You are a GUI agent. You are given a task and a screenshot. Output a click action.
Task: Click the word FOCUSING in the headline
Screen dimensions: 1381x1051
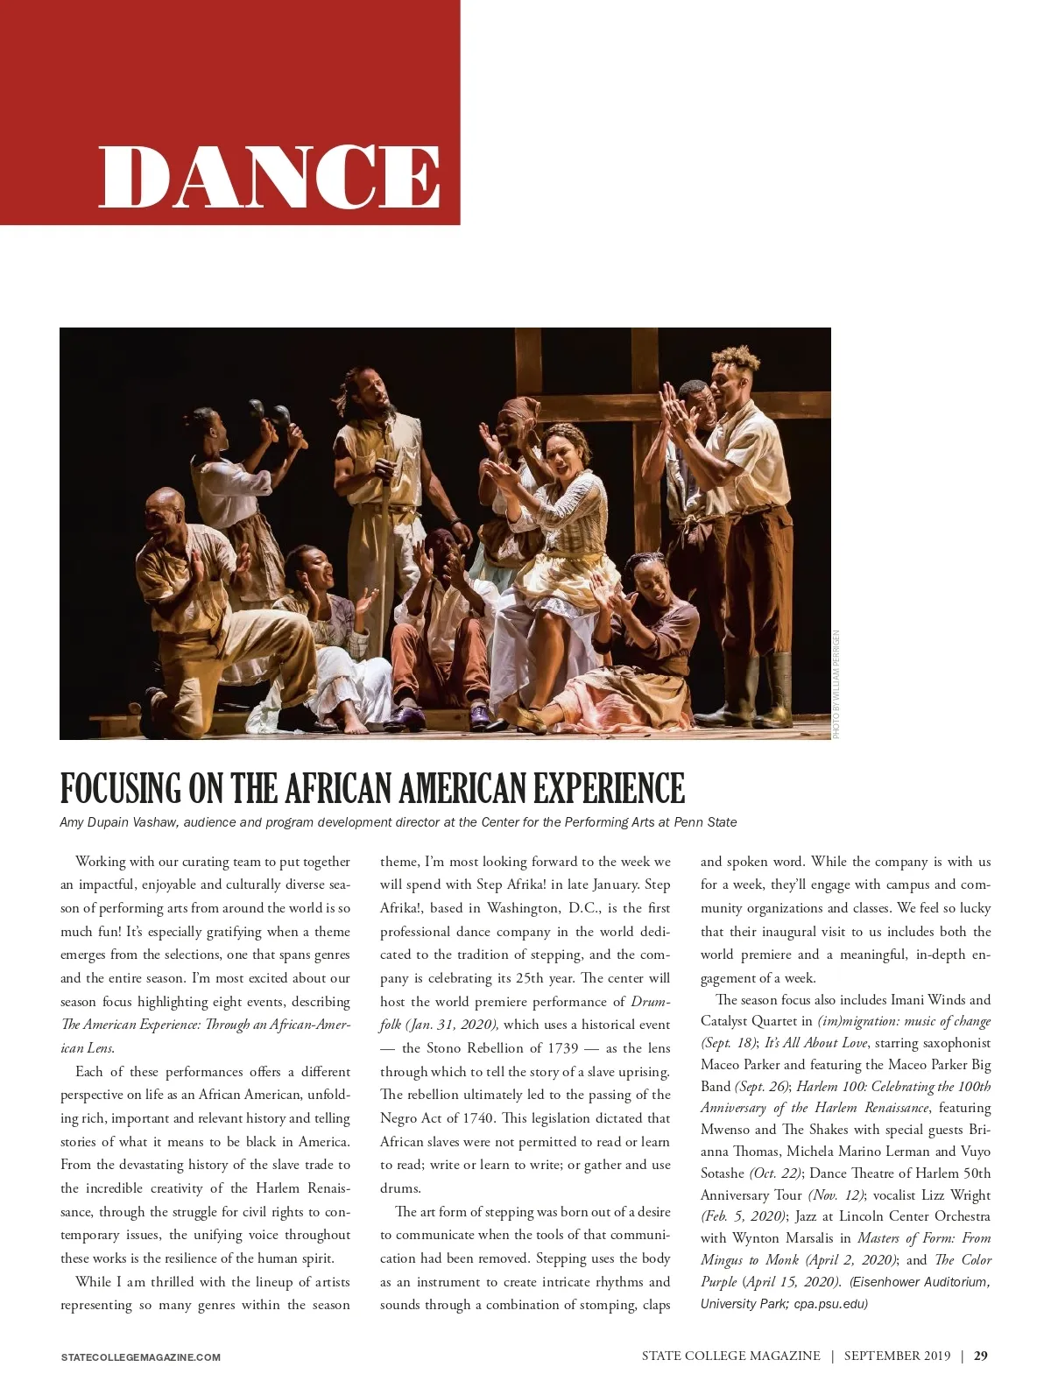point(121,788)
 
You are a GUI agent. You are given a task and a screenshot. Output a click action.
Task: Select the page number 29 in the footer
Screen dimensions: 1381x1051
point(981,1356)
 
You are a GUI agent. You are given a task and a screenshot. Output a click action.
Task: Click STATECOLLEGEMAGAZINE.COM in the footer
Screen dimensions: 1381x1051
point(140,1357)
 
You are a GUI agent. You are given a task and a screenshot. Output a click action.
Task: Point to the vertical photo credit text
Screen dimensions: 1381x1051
point(836,685)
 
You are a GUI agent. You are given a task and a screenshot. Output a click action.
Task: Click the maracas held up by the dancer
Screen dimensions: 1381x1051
point(271,411)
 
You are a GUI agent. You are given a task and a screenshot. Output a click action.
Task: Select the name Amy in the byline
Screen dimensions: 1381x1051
point(72,822)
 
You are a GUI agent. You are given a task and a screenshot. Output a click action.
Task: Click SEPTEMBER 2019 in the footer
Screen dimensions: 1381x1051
point(897,1356)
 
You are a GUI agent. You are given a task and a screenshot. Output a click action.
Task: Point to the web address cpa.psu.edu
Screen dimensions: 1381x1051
point(830,1304)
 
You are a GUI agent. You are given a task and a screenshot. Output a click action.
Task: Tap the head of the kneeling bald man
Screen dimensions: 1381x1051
point(166,511)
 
